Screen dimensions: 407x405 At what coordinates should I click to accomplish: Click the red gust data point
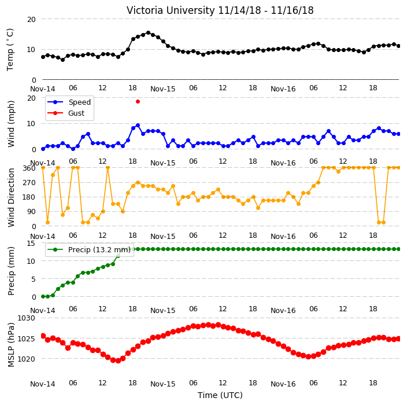coord(138,102)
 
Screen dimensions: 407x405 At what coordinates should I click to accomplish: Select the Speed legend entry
coord(69,102)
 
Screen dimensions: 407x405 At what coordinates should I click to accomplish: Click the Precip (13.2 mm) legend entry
coord(89,249)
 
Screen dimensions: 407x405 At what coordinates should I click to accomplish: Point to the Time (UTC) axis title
coord(220,395)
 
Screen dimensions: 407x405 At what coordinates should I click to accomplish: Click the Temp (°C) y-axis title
coord(10,49)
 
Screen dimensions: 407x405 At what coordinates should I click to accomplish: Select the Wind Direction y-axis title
coord(11,197)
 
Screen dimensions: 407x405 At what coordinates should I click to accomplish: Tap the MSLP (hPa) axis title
coord(11,345)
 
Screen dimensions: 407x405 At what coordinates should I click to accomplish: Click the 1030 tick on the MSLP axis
coord(26,318)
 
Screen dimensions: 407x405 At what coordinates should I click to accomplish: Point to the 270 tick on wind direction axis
coord(29,183)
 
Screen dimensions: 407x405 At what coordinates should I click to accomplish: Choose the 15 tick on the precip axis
coord(31,244)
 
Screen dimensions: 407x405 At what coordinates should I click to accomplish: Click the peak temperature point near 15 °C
coord(148,33)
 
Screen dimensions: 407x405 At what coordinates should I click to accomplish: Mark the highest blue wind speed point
coord(138,126)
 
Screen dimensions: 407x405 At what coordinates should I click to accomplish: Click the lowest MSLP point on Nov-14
coord(118,361)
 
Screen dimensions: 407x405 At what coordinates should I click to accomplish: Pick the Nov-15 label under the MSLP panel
coord(163,384)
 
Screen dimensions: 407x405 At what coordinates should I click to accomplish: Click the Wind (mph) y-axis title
coord(11,124)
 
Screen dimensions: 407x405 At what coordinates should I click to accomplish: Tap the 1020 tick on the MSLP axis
coord(26,359)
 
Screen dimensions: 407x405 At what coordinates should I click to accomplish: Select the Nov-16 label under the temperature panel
coord(283,89)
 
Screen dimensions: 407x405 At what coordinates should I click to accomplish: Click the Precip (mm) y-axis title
coord(11,271)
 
